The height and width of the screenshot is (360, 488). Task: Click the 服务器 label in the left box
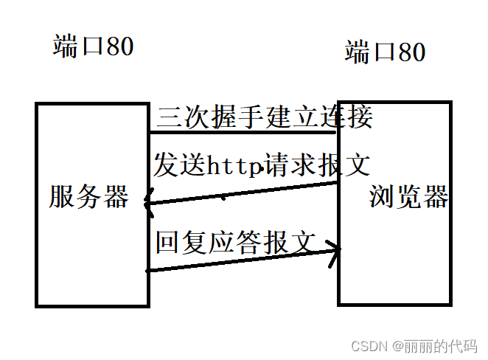click(89, 197)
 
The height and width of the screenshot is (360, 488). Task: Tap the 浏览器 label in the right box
click(408, 197)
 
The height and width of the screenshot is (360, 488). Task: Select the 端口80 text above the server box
click(94, 46)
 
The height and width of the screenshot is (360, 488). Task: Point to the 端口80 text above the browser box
click(385, 52)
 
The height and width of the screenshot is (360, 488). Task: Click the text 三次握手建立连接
click(264, 117)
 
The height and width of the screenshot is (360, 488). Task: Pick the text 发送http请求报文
click(261, 165)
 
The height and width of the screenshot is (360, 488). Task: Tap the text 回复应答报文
click(236, 240)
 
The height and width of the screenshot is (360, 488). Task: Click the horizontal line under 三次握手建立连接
click(243, 133)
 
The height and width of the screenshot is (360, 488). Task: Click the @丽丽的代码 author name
click(435, 345)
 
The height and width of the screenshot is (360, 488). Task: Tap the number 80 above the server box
click(120, 46)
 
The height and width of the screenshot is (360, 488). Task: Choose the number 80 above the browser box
click(411, 52)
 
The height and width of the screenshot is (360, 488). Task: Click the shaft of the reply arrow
click(243, 261)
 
